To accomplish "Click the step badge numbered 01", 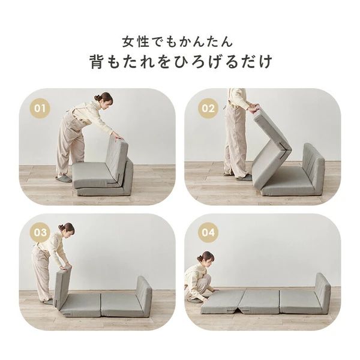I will (40, 109).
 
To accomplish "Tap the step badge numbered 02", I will (208, 109).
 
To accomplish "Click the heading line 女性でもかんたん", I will (179, 42).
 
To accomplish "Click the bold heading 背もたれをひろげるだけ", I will (179, 62).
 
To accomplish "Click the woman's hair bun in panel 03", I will (61, 227).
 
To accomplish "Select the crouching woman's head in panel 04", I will (205, 259).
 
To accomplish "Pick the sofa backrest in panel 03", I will (144, 294).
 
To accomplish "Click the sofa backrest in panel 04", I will (322, 291).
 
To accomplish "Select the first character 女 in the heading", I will (127, 42).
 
